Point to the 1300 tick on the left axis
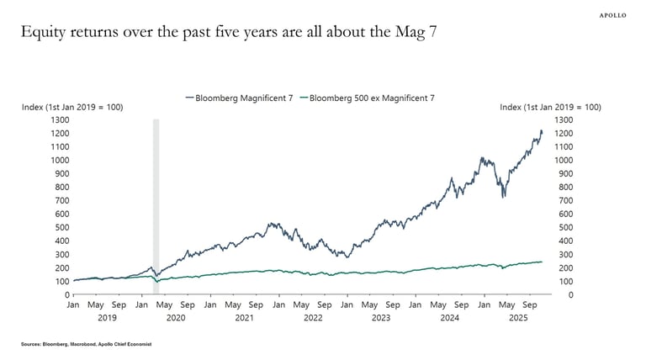(58, 120)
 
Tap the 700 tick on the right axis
(565, 201)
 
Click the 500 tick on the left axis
(61, 228)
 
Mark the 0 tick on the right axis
(559, 295)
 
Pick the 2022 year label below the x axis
(313, 319)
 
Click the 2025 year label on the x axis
(518, 319)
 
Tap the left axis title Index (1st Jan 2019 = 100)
(71, 108)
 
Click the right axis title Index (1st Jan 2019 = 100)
(550, 108)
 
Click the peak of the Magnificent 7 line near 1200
(542, 130)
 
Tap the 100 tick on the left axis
(61, 282)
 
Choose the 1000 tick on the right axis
(568, 161)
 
